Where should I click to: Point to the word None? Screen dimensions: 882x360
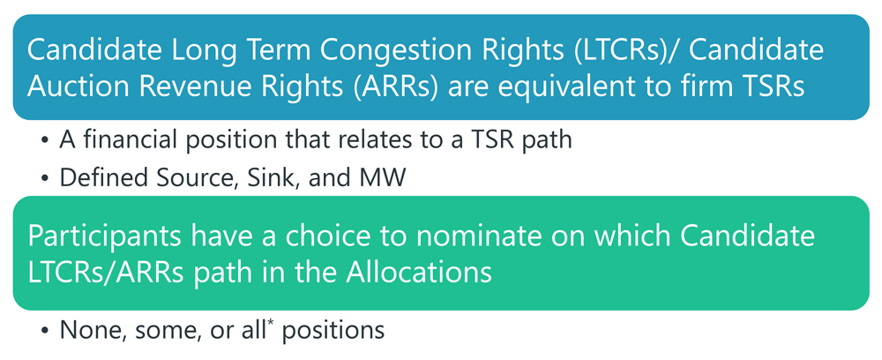pyautogui.click(x=87, y=330)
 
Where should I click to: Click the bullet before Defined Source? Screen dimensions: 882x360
pyautogui.click(x=44, y=179)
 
